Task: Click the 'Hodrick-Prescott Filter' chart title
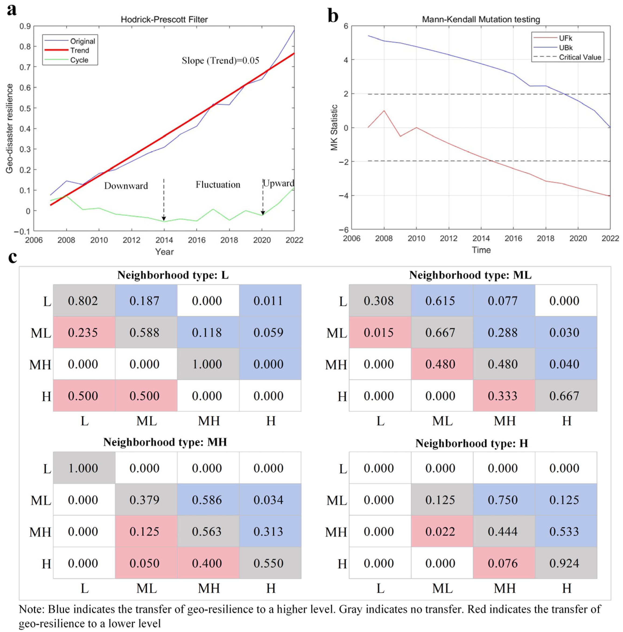pyautogui.click(x=164, y=20)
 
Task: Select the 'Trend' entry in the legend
pyautogui.click(x=80, y=50)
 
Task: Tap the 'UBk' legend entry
pyautogui.click(x=566, y=48)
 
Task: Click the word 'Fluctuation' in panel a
pyautogui.click(x=218, y=185)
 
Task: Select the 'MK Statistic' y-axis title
pyautogui.click(x=334, y=128)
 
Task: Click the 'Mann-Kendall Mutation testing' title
pyautogui.click(x=481, y=20)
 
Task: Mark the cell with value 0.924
pyautogui.click(x=564, y=563)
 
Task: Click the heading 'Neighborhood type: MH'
pyautogui.click(x=165, y=442)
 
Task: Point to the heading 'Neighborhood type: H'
pyautogui.click(x=472, y=443)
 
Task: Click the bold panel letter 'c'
pyautogui.click(x=12, y=257)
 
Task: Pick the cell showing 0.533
pyautogui.click(x=564, y=532)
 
